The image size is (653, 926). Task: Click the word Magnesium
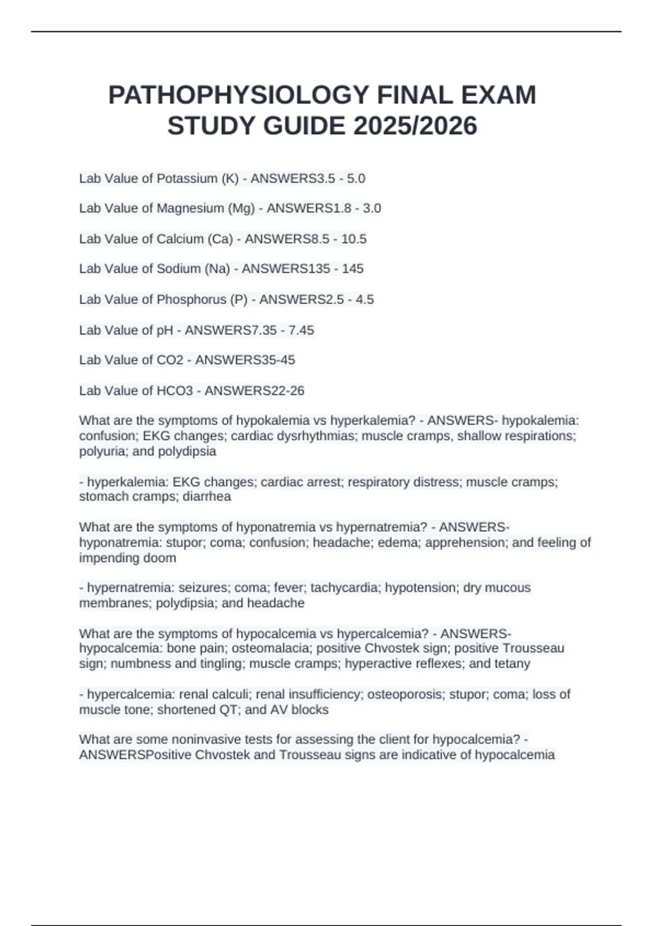point(190,209)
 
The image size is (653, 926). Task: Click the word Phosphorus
point(191,300)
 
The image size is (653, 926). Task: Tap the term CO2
point(170,360)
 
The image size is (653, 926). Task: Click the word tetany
point(512,663)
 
